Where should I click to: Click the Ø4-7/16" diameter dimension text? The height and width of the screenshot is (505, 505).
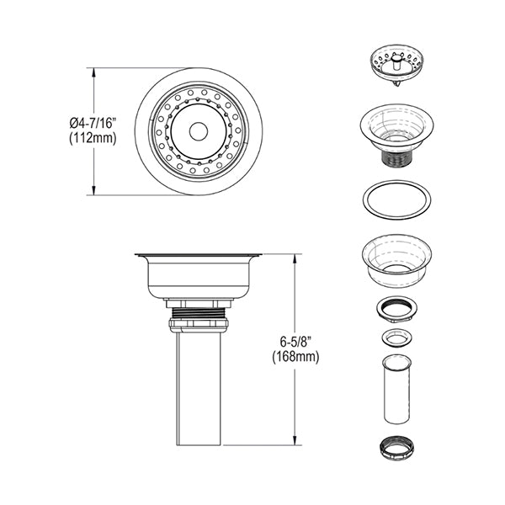(93, 124)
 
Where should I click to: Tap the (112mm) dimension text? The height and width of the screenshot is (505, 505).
(93, 139)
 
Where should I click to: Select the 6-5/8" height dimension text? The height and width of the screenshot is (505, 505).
(295, 343)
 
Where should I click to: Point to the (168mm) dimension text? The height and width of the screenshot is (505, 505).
(295, 358)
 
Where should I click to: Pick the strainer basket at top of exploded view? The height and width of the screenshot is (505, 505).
(396, 66)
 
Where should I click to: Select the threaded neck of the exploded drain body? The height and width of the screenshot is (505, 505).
(396, 158)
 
